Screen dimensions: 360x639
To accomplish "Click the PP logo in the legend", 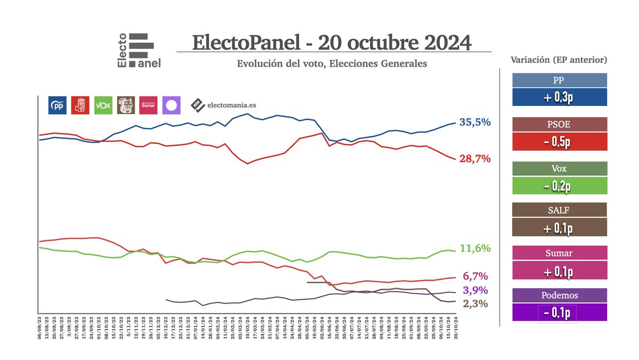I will point(57,105).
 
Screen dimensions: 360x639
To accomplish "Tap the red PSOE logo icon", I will point(80,105).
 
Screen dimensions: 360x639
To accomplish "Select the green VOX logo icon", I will point(103,105).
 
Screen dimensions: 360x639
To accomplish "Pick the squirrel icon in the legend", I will point(126,105).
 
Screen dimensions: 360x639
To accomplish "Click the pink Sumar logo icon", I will point(149,105).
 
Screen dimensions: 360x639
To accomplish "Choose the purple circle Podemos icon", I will point(171,105).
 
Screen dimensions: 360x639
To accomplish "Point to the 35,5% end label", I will point(475,122).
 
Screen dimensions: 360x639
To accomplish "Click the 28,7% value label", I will point(475,159).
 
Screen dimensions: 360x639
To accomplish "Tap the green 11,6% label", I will point(475,249).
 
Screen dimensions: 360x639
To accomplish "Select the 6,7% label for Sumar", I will point(475,276).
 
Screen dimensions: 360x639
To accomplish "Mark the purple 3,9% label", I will point(475,291).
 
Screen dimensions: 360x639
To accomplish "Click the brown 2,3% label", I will point(475,304).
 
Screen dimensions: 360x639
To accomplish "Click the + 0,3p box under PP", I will point(559,97).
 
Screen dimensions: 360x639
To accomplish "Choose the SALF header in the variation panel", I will point(559,210).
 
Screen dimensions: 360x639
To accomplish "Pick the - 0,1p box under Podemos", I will point(559,312).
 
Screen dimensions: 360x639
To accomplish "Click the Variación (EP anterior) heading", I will point(559,60).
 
